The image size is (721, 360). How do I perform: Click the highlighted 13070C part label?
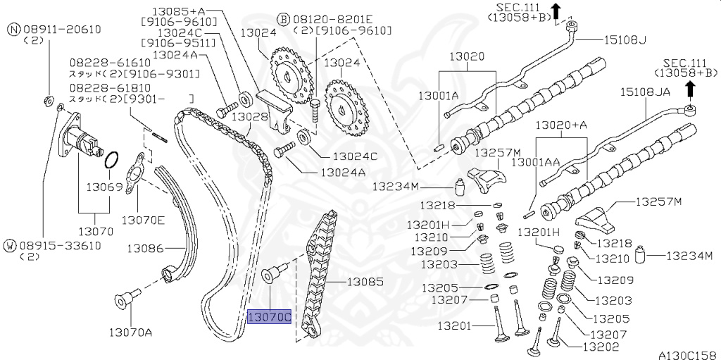269,317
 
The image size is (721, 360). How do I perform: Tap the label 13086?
145,248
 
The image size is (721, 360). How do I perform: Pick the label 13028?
251,116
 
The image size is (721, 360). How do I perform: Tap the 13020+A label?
561,125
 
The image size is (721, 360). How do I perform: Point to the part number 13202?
600,347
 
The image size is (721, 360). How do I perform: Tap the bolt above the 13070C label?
273,274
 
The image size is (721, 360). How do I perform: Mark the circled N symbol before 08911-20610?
13,29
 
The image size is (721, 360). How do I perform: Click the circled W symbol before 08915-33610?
10,245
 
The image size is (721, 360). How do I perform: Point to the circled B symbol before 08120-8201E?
282,18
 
